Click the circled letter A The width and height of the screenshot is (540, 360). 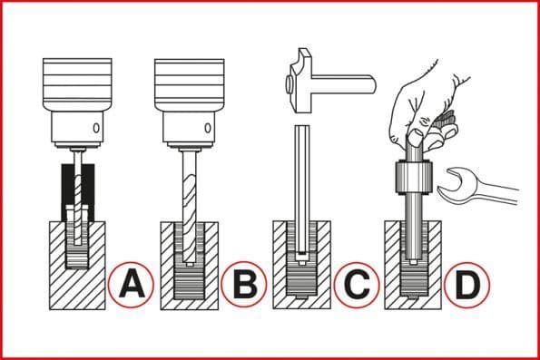(131, 285)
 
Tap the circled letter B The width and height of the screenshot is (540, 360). (244, 285)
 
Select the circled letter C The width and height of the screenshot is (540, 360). (356, 285)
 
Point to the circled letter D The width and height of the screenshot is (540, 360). (466, 285)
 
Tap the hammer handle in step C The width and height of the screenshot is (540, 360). (343, 83)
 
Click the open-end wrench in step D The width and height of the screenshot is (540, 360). (477, 188)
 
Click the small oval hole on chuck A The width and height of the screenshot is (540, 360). (96, 128)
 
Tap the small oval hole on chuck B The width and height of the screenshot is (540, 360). (208, 128)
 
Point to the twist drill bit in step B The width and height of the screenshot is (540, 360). (189, 207)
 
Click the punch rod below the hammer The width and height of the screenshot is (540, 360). (302, 191)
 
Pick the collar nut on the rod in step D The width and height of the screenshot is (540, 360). (413, 178)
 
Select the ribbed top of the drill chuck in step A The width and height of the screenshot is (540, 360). (77, 83)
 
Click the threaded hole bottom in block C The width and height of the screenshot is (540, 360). (301, 281)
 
